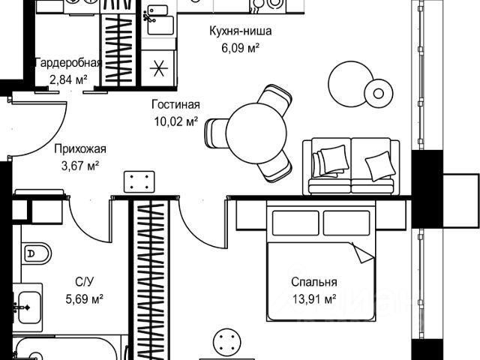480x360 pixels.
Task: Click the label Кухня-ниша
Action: (240, 32)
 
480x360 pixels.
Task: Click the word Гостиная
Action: (174, 106)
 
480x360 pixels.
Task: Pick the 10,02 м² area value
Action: (175, 121)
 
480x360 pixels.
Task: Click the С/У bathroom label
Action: (84, 283)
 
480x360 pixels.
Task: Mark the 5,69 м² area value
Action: (84, 298)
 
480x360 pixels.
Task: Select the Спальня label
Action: (314, 283)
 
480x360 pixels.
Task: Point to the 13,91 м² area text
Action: (314, 298)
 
